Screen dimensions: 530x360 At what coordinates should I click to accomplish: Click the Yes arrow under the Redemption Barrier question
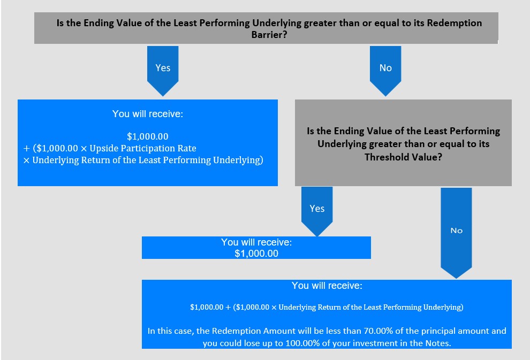click(163, 71)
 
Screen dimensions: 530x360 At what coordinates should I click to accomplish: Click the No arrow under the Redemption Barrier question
click(385, 71)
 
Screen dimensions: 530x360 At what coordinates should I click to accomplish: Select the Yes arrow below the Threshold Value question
click(317, 211)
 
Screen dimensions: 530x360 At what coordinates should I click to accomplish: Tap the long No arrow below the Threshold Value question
click(456, 233)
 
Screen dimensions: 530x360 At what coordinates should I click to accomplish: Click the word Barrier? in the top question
click(269, 35)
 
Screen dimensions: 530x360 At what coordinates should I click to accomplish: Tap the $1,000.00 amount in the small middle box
click(256, 254)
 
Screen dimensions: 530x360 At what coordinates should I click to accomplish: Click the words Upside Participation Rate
click(142, 148)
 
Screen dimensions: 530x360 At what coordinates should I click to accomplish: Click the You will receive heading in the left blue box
click(148, 114)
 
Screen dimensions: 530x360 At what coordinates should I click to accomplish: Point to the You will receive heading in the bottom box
click(327, 286)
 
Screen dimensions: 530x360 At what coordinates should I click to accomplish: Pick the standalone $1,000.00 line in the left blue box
click(148, 136)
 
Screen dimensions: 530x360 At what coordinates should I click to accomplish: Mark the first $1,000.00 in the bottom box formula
click(207, 308)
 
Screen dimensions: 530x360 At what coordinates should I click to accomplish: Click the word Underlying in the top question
click(276, 23)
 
